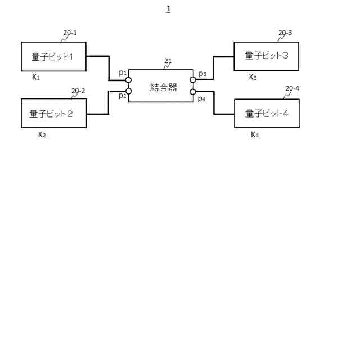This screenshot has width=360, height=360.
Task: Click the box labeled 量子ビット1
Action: coord(53,56)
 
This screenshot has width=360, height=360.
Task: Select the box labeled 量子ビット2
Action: coord(53,113)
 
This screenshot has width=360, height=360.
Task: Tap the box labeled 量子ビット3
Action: coord(266,56)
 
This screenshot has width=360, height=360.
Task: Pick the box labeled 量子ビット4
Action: coord(267,113)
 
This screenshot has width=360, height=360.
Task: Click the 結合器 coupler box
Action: coord(161,86)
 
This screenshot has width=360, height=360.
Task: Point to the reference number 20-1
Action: coord(70,33)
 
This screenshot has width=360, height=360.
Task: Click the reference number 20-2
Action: coord(78,91)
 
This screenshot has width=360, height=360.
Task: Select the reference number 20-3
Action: coord(285,33)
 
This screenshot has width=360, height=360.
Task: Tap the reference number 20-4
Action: coord(292,88)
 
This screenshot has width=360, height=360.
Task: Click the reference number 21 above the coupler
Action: coord(168,61)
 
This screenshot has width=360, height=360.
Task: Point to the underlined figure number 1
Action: coord(168,9)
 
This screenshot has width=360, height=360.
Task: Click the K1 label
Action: coord(36,77)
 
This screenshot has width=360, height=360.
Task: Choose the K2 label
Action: coord(42,134)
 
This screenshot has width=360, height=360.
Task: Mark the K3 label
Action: coord(253,77)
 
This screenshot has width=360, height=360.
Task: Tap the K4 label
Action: coord(255,134)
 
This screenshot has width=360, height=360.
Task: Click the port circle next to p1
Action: coord(129,80)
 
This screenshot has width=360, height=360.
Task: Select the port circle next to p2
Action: coord(129,91)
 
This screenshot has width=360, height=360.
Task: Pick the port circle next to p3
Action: coord(193,80)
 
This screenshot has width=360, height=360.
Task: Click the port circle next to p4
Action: coord(193,92)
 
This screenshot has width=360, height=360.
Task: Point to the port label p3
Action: coord(202,74)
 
